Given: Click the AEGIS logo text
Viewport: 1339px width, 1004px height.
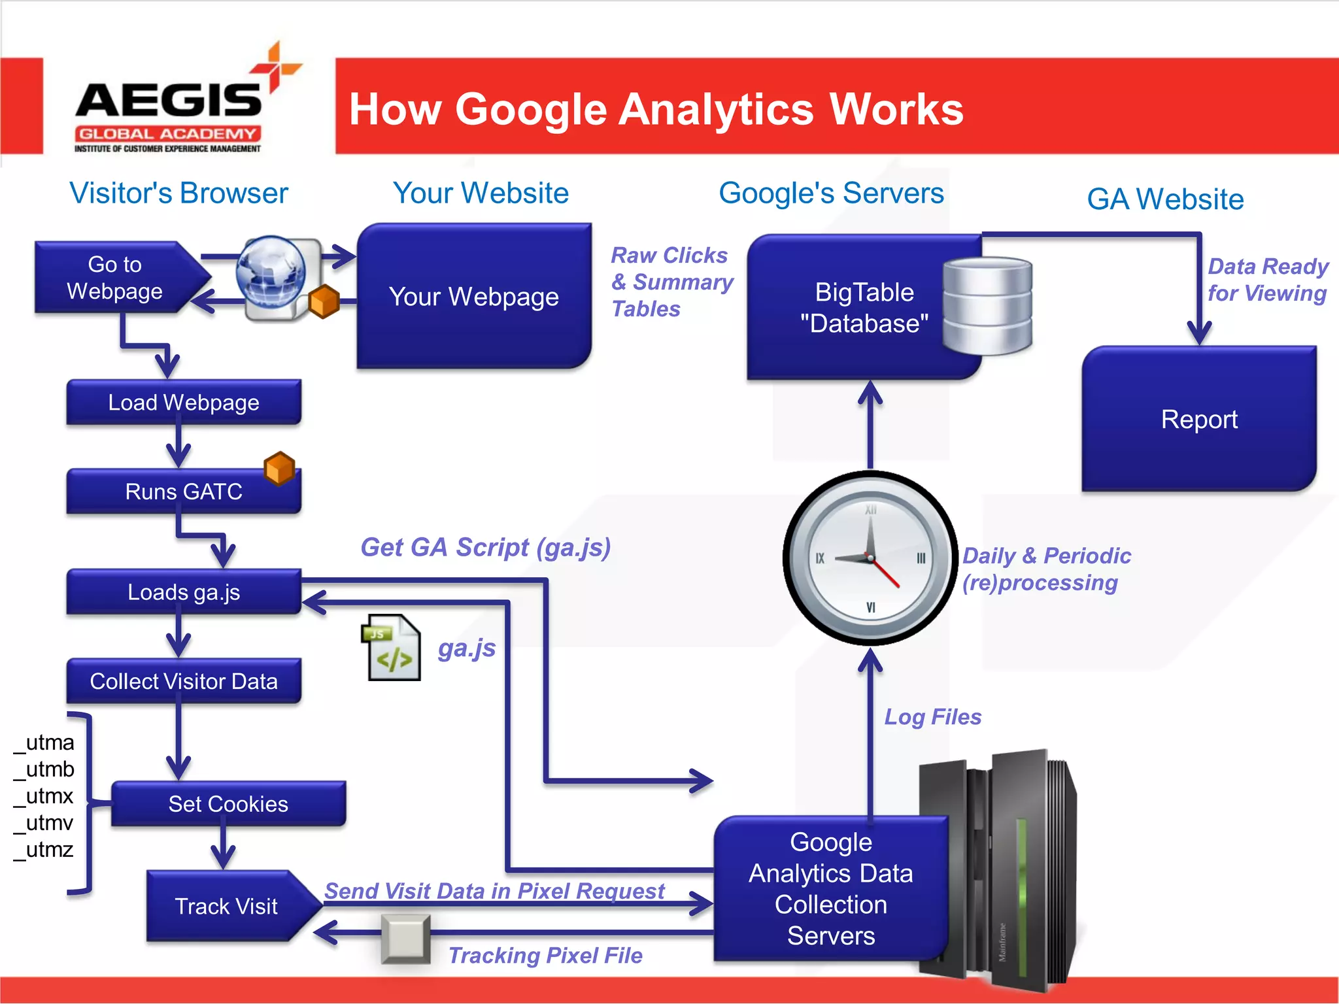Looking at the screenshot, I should (x=168, y=100).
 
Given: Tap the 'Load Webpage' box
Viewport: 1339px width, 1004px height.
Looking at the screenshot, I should (x=184, y=403).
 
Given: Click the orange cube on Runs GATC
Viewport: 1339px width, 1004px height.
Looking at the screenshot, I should (x=279, y=468).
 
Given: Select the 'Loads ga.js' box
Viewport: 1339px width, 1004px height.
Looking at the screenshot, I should (x=184, y=592).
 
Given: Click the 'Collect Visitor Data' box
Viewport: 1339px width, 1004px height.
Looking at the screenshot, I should (x=184, y=681).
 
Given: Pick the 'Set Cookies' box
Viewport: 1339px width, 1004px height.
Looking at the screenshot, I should (x=228, y=804).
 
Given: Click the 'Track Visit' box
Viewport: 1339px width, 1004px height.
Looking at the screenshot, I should (x=226, y=906).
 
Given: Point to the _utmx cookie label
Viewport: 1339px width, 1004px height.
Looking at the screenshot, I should (x=44, y=796).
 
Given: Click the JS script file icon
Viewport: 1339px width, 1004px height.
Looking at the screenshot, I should (x=392, y=648).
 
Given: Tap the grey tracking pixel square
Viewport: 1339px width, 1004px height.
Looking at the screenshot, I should (x=406, y=939).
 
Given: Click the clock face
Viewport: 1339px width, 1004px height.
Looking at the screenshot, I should (x=870, y=558).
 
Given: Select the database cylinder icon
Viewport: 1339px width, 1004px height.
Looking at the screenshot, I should (x=987, y=306).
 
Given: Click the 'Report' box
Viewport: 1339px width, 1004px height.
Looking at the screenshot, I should (x=1199, y=419).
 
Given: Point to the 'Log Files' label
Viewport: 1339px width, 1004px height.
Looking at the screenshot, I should (x=933, y=717).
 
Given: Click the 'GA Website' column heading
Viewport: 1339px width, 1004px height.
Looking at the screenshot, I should (x=1165, y=199).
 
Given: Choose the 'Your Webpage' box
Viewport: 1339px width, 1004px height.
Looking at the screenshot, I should (x=474, y=297).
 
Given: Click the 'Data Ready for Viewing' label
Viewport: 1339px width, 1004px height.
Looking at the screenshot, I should (x=1267, y=280).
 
